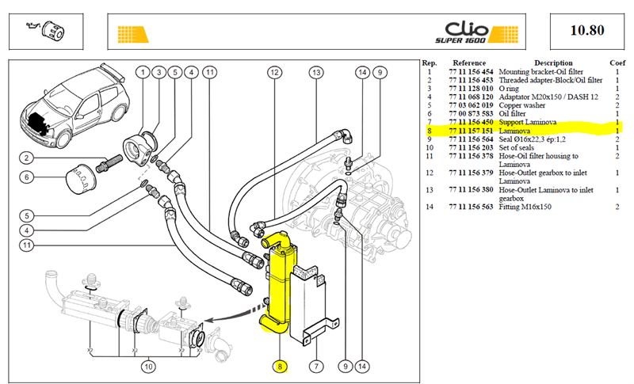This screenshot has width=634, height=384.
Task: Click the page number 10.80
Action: pyautogui.click(x=587, y=30)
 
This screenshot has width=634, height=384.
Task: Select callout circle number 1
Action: pyautogui.click(x=143, y=72)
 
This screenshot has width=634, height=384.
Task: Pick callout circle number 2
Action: pyautogui.click(x=27, y=158)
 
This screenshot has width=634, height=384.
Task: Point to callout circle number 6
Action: pyautogui.click(x=27, y=177)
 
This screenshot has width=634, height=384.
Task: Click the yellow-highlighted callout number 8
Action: pyautogui.click(x=280, y=367)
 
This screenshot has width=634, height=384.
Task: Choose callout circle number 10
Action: pyautogui.click(x=148, y=367)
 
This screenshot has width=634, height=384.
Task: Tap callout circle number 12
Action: pyautogui.click(x=274, y=72)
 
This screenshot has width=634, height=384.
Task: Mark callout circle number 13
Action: pyautogui.click(x=316, y=72)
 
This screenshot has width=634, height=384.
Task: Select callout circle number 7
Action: pyautogui.click(x=316, y=367)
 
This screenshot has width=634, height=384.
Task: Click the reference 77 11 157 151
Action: pyautogui.click(x=471, y=131)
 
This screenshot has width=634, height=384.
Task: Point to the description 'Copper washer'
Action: pyautogui.click(x=522, y=105)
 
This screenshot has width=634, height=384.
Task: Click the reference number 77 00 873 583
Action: pyautogui.click(x=471, y=114)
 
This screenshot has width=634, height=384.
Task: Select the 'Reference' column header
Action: pyautogui.click(x=469, y=63)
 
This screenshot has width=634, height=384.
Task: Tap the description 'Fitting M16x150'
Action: pyautogui.click(x=525, y=207)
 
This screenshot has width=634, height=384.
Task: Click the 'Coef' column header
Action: pyautogui.click(x=617, y=63)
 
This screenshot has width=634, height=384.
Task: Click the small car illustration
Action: pyautogui.click(x=74, y=106)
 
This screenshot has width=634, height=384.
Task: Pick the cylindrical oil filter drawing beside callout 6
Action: pyautogui.click(x=81, y=179)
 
